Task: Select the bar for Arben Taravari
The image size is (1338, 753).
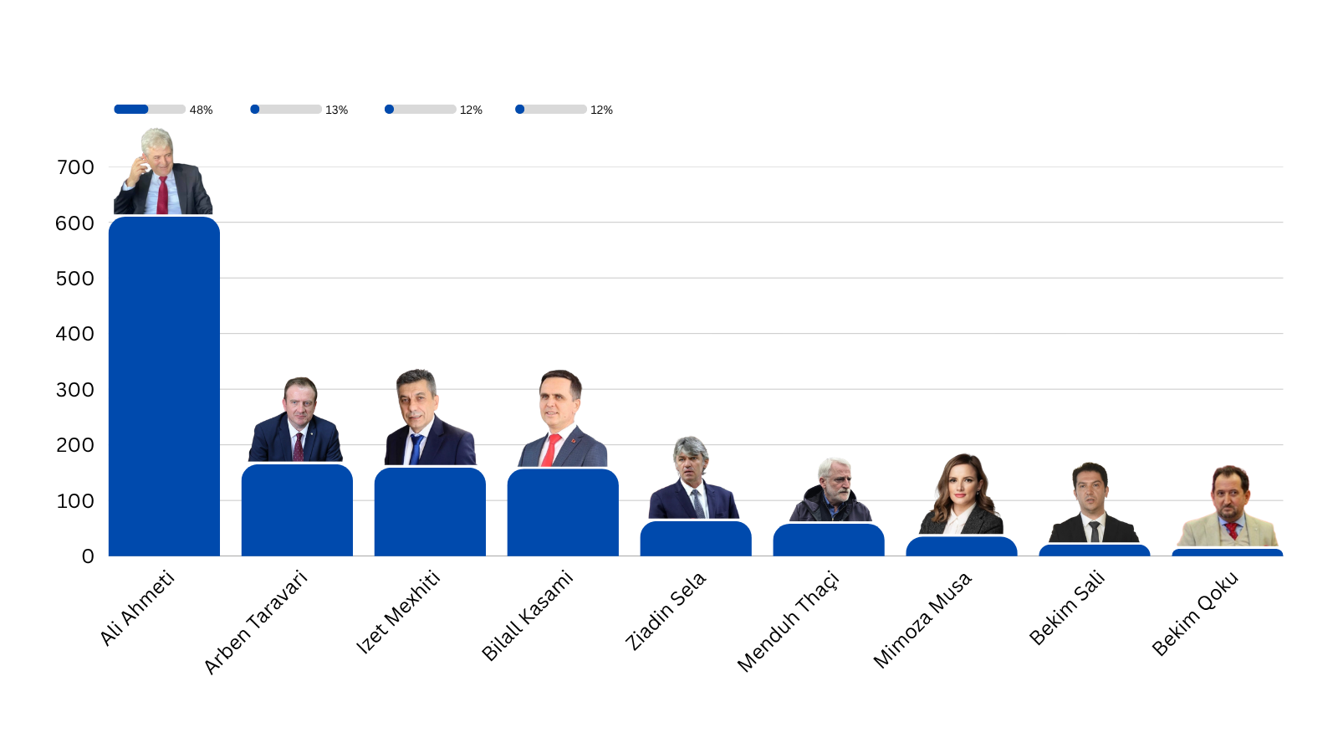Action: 297,510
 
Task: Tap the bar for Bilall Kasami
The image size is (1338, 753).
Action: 563,512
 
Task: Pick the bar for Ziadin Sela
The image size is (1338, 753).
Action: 696,539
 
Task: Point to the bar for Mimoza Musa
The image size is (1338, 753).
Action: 962,546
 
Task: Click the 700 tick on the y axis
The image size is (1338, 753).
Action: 75,167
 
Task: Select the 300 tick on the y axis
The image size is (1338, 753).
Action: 75,390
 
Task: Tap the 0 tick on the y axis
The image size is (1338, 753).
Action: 88,556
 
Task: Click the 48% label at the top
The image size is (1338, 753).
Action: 201,110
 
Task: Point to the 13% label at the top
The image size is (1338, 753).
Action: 336,110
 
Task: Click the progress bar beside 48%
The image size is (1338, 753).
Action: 150,109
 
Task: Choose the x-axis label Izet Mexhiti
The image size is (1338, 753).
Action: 398,612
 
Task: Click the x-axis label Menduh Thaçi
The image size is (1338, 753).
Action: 788,621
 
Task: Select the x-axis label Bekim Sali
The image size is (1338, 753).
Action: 1067,607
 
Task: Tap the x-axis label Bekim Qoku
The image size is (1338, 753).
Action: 1194,613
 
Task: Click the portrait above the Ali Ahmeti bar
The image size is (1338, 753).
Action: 162,172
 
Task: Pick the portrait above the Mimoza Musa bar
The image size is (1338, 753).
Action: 962,495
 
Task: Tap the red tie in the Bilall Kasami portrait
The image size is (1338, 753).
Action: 549,450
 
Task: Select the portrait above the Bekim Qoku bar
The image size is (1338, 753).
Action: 1228,507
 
